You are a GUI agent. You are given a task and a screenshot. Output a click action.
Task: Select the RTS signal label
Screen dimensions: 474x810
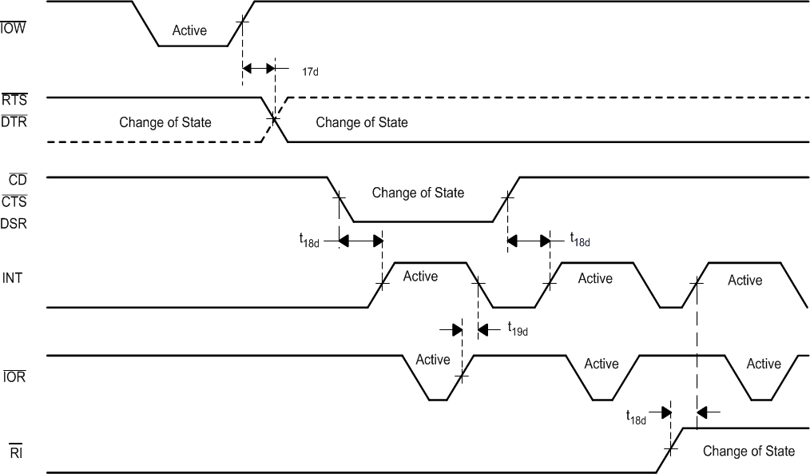(14, 101)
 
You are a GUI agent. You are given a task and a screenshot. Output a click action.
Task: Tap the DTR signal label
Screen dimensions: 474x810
(14, 121)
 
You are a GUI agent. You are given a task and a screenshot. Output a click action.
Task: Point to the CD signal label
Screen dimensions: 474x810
(18, 181)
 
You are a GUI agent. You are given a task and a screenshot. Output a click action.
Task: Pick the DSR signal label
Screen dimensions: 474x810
(14, 224)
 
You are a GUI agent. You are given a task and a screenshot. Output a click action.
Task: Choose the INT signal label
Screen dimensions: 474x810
(12, 278)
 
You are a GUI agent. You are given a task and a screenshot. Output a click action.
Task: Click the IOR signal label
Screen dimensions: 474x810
(14, 376)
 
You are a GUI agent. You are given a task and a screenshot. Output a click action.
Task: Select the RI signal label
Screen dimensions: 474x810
(15, 453)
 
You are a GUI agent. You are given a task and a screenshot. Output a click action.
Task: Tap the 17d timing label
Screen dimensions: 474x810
(310, 71)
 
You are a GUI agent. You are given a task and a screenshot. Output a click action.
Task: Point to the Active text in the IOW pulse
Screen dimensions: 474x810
(189, 31)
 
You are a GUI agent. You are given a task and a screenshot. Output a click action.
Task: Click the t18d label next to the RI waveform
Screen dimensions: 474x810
(636, 416)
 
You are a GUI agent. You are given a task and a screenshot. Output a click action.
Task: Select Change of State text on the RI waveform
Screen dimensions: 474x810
(748, 451)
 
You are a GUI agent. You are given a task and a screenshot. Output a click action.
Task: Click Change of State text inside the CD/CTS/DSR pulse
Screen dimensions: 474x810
(418, 193)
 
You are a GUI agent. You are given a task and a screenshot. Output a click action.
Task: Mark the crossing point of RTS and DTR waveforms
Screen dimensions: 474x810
(274, 120)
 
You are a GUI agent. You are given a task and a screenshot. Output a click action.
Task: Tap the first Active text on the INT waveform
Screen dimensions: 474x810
(420, 277)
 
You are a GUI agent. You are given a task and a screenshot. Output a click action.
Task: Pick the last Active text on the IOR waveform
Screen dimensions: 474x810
(764, 364)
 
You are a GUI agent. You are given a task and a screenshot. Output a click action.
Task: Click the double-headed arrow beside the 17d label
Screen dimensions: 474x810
(258, 69)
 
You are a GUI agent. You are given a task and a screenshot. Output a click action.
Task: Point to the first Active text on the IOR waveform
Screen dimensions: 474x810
(433, 360)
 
